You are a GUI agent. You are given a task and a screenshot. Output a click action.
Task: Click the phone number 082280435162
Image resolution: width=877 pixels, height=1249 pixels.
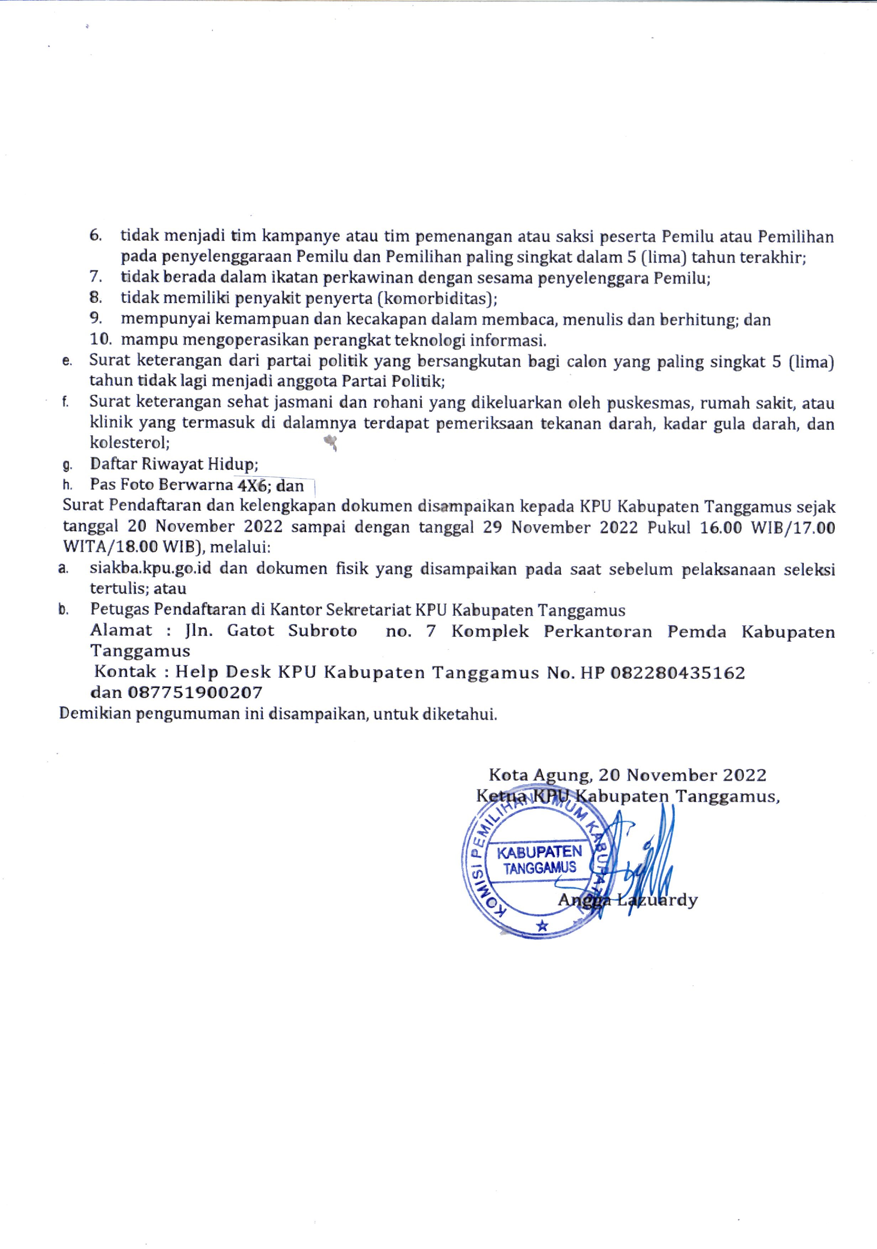tap(677, 673)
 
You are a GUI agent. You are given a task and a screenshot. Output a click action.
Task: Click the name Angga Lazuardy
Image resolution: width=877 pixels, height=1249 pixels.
tap(627, 900)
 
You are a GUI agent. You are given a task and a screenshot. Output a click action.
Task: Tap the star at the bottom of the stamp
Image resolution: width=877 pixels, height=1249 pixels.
tap(542, 925)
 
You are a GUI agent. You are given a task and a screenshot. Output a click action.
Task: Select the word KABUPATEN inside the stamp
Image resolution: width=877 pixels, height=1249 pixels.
tap(539, 851)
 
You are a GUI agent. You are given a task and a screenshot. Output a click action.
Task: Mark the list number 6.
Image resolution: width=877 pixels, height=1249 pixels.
tap(96, 236)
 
